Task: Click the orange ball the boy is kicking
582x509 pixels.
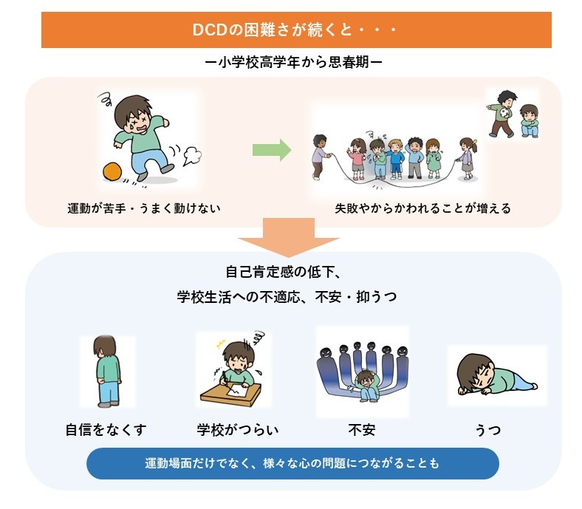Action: [112, 172]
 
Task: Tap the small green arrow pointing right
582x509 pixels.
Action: [272, 150]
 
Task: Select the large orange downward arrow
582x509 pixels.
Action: [289, 238]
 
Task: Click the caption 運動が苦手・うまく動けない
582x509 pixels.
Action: [144, 208]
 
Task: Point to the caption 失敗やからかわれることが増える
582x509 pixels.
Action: [422, 208]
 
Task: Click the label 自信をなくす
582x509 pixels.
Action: [106, 430]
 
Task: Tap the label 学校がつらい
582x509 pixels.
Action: [238, 430]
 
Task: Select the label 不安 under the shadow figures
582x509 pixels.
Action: [362, 430]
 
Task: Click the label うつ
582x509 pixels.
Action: [488, 430]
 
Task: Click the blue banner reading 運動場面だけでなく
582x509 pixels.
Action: [292, 463]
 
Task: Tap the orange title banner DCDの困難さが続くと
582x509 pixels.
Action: [296, 30]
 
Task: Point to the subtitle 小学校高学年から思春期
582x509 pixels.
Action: [293, 62]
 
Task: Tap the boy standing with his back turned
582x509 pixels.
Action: [107, 372]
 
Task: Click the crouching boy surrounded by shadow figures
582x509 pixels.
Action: [367, 386]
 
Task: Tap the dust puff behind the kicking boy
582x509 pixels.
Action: [192, 155]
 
